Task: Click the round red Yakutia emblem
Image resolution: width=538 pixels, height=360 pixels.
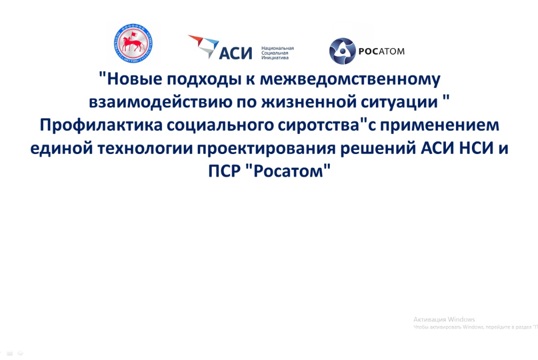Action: pos(134,44)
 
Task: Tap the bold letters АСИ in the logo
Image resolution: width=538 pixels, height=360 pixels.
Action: pos(236,51)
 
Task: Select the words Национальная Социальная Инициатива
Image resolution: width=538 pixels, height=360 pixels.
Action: pos(277,52)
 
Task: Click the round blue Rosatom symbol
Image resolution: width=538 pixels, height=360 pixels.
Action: pos(342,51)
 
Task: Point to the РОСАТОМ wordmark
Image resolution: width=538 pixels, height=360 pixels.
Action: pos(381,51)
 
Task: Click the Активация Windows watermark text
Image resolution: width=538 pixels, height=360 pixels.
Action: pos(444,319)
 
